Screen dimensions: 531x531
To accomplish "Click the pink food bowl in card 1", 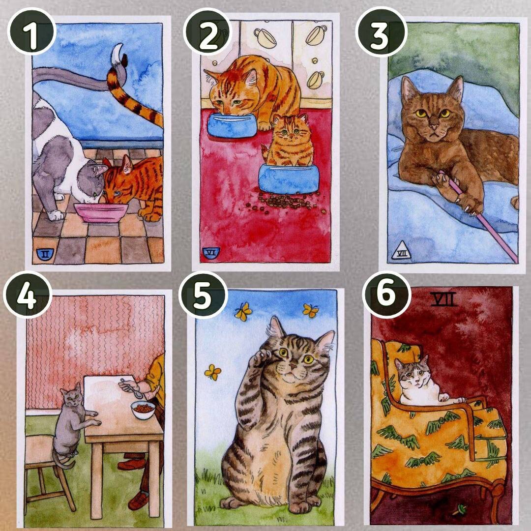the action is (x=101, y=212).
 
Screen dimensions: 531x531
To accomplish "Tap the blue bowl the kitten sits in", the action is (x=289, y=178).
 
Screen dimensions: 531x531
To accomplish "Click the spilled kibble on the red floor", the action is (x=286, y=202).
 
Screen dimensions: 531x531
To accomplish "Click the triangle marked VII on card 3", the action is (x=401, y=251).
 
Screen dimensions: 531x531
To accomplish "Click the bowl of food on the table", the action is (x=143, y=410).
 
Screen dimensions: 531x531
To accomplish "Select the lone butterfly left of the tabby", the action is (x=213, y=372).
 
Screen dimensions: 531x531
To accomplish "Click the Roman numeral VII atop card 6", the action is (x=444, y=299).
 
